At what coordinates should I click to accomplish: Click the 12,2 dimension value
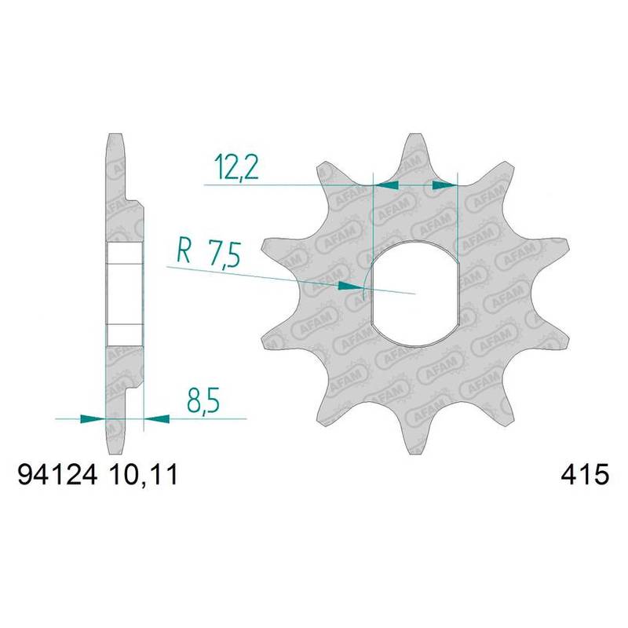(236, 168)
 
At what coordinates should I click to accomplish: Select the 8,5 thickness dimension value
(203, 400)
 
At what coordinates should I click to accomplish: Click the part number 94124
(57, 476)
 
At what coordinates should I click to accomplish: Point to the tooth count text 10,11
(142, 476)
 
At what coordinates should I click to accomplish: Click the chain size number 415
(585, 476)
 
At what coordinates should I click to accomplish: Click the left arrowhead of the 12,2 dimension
(386, 184)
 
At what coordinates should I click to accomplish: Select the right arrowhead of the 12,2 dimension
(444, 184)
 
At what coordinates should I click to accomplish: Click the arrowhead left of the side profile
(93, 419)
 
